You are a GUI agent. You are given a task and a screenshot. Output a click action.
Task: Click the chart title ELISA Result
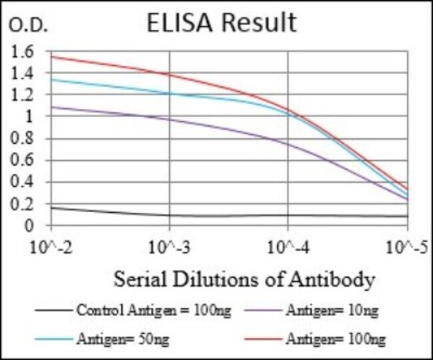point(222,23)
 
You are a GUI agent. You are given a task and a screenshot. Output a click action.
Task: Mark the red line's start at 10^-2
point(52,56)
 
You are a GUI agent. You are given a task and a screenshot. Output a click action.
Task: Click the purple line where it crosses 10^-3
point(170,119)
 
